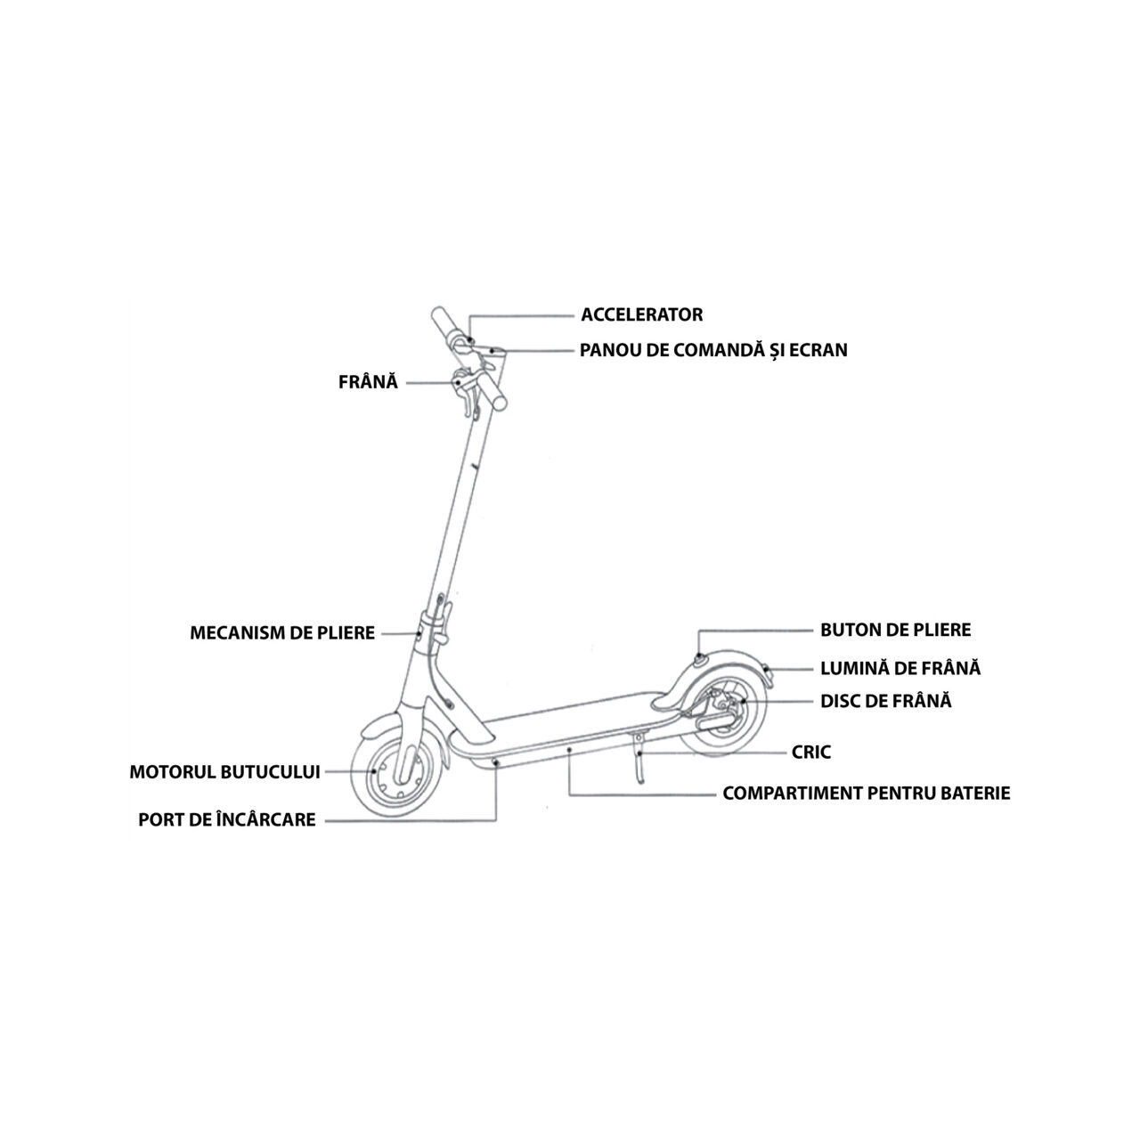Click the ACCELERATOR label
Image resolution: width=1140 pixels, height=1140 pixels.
point(641,314)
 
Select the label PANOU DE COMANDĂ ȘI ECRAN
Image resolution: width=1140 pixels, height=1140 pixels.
point(713,350)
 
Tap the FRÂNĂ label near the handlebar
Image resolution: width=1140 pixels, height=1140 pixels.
point(368,382)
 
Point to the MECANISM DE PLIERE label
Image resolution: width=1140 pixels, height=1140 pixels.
point(282,633)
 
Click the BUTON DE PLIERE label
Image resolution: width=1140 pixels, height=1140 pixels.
point(895,631)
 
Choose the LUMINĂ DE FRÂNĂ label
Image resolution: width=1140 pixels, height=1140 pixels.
point(900,668)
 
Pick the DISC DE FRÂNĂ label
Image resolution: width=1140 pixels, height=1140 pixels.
point(885,701)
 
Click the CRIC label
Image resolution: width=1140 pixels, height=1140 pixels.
point(810,753)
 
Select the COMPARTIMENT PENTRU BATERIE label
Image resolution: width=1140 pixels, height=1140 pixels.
point(866,793)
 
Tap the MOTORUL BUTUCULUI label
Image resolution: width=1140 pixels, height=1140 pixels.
point(224,772)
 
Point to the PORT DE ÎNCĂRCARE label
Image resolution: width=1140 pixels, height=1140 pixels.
point(227,819)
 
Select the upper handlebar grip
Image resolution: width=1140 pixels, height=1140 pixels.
point(444,324)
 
